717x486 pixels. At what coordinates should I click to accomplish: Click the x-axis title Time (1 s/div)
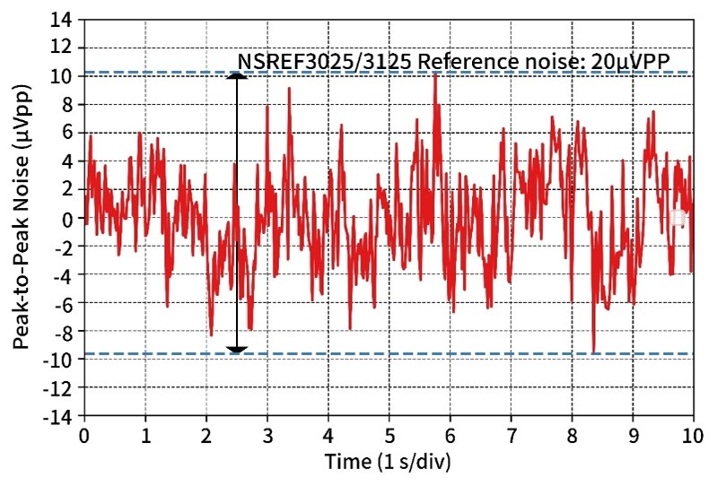pos(387,463)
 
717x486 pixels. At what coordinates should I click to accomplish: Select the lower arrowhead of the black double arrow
pos(236,349)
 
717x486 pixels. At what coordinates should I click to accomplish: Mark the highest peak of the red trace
pos(435,74)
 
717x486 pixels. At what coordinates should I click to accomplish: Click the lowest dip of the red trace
pos(594,351)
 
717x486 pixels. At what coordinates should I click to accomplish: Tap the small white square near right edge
pos(678,217)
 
